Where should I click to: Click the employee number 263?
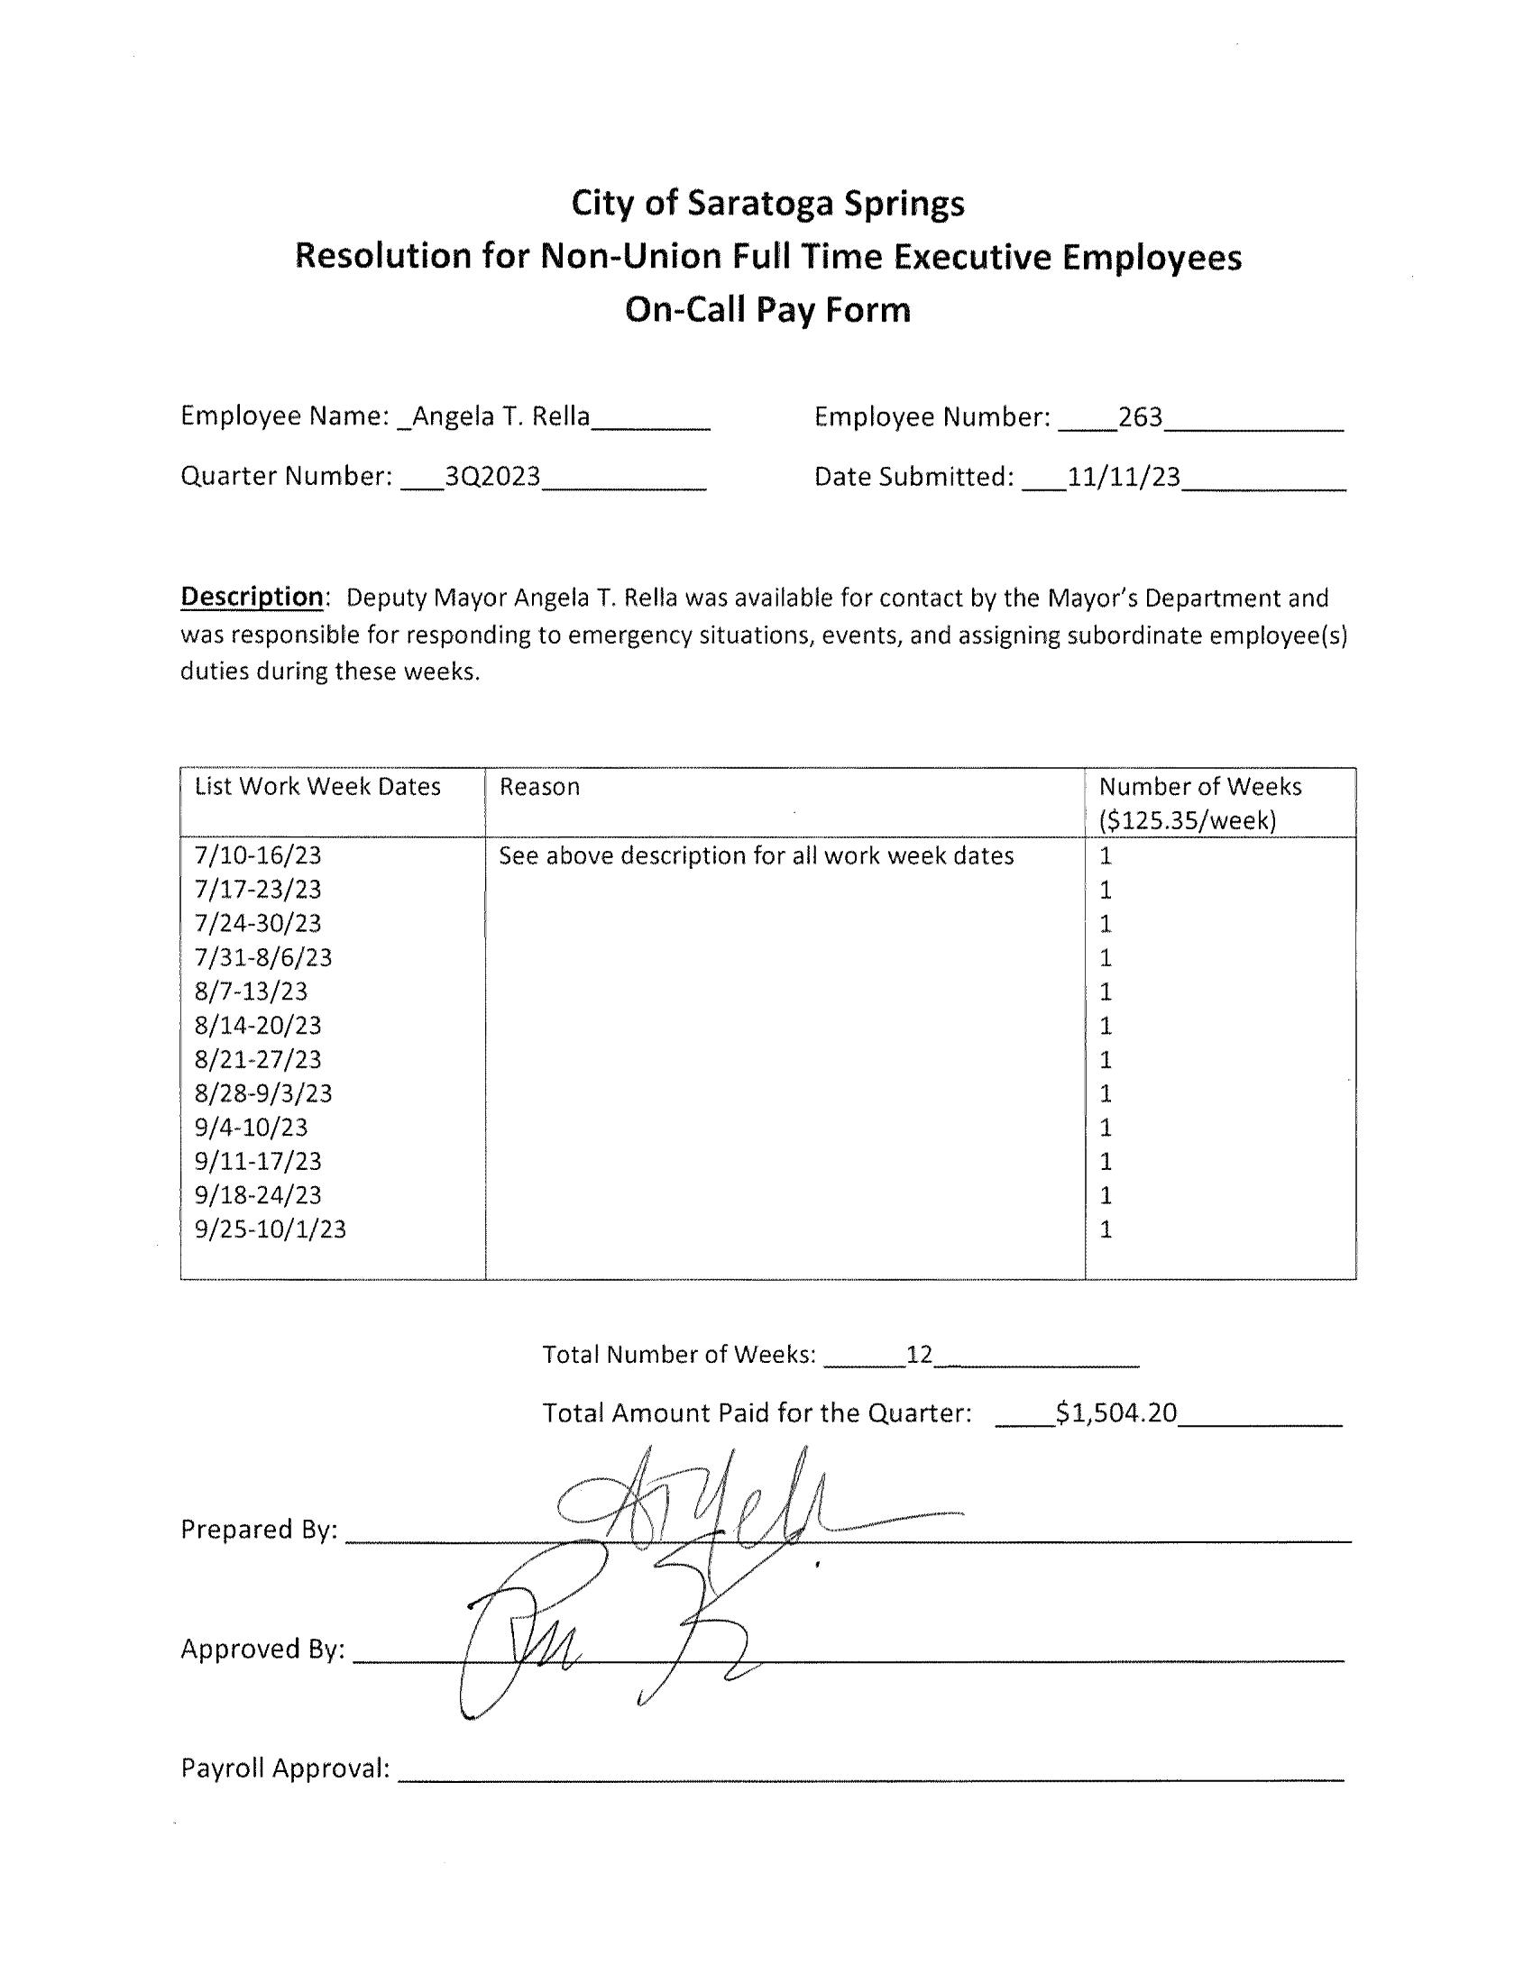[x=1140, y=416]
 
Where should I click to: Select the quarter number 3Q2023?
[x=492, y=477]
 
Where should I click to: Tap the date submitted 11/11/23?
[x=1124, y=477]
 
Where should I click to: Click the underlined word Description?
[x=252, y=597]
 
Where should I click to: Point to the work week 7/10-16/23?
[x=258, y=855]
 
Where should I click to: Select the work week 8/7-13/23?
[x=251, y=991]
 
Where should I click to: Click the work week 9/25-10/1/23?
[x=270, y=1229]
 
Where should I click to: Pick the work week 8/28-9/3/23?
[x=263, y=1093]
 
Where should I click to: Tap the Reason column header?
[x=539, y=786]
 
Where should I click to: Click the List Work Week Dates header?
[x=317, y=786]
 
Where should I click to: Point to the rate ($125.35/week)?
[x=1188, y=821]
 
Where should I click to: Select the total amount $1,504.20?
[x=1116, y=1412]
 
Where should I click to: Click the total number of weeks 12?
[x=919, y=1355]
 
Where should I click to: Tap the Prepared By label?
[x=259, y=1530]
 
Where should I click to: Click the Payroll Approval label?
[x=285, y=1768]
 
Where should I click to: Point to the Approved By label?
[x=262, y=1649]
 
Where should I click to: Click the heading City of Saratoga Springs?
[x=767, y=204]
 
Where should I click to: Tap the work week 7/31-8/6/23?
[x=263, y=957]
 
